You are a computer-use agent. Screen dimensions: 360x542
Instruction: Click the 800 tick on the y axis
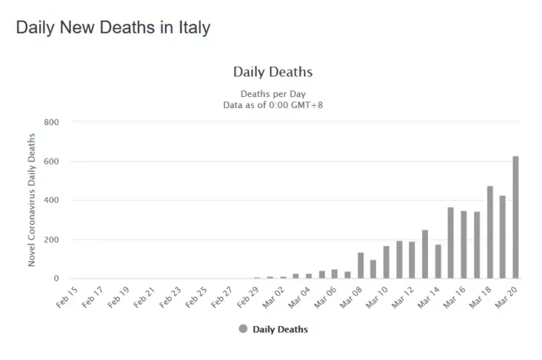51,122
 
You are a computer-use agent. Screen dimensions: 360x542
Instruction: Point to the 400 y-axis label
51,201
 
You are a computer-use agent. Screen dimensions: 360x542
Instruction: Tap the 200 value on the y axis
51,240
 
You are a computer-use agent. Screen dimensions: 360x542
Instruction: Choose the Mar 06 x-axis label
327,298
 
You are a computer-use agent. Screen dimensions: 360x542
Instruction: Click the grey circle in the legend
243,329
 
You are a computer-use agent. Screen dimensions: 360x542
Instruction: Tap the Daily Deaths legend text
280,329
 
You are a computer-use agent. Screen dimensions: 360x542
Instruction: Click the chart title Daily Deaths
272,73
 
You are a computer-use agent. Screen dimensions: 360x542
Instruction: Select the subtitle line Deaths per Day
272,94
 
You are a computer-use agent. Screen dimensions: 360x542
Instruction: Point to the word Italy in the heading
191,27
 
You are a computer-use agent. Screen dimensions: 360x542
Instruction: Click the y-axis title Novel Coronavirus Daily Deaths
32,200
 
